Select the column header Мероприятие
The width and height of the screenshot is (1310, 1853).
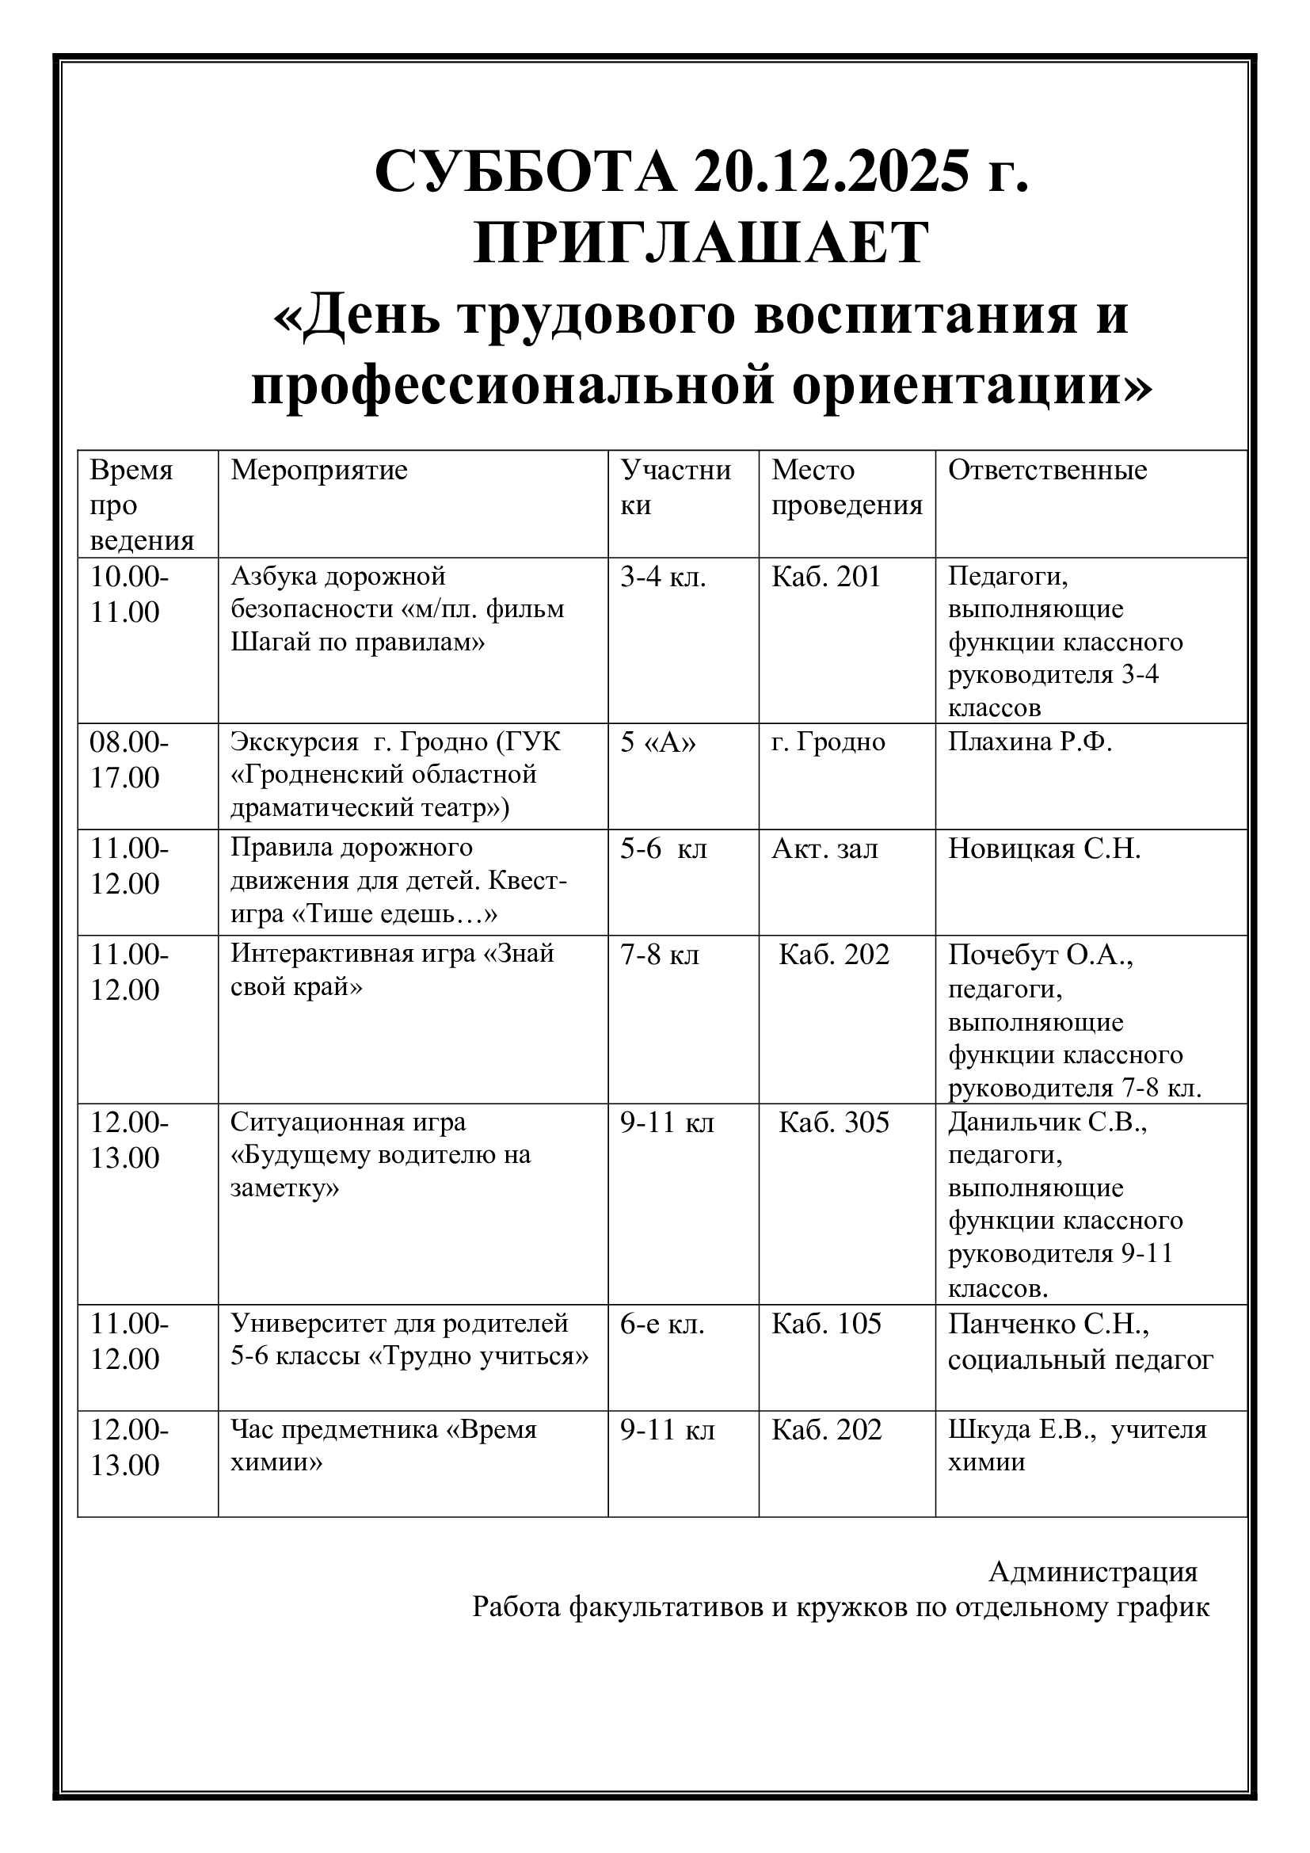click(x=319, y=471)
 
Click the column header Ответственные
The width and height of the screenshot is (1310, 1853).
click(x=1047, y=471)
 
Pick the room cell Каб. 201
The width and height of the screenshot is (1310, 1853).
click(x=826, y=577)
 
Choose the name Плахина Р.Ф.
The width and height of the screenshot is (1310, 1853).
click(x=1030, y=742)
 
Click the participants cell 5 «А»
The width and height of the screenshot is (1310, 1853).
click(x=657, y=742)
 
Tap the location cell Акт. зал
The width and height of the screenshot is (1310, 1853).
click(x=824, y=848)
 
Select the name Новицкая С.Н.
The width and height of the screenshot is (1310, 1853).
click(x=1044, y=848)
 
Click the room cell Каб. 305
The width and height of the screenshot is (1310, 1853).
click(x=833, y=1123)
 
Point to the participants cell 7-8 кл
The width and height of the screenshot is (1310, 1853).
click(x=660, y=955)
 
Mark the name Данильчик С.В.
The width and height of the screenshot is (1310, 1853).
click(x=1047, y=1123)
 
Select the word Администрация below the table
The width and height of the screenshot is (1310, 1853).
click(x=1093, y=1571)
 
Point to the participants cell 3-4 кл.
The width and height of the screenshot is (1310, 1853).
click(x=662, y=577)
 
